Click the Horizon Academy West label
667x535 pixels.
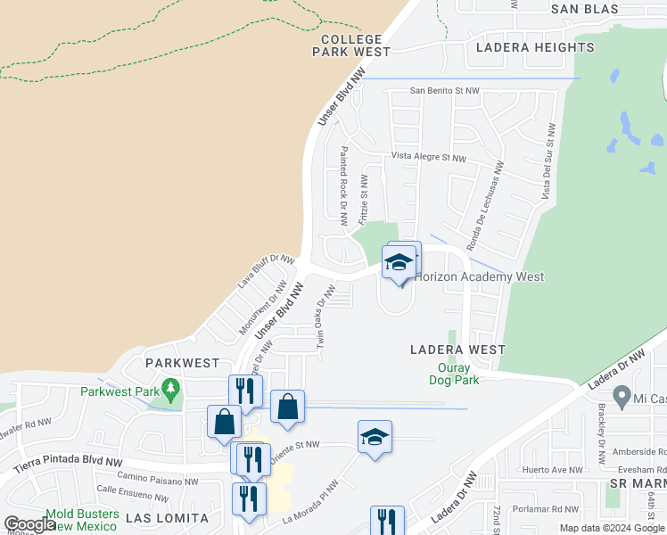click(x=479, y=277)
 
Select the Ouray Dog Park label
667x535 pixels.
click(x=458, y=374)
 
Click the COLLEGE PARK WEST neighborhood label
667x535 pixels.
click(x=350, y=45)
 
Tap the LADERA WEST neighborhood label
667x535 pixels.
click(x=457, y=350)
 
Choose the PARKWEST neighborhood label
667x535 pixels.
click(x=182, y=363)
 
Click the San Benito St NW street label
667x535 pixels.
click(x=445, y=91)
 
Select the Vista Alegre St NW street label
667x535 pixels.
click(x=429, y=157)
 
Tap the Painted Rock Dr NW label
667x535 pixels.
click(x=343, y=185)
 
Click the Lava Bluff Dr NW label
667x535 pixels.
click(x=265, y=272)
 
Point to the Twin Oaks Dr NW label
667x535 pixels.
click(x=325, y=317)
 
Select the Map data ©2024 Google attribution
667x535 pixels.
click(x=613, y=528)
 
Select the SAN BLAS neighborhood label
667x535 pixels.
click(x=584, y=9)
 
